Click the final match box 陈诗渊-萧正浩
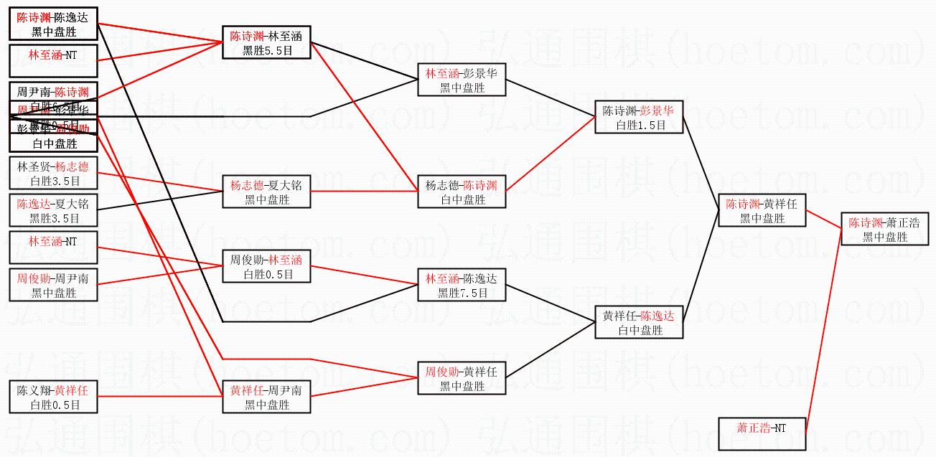(884, 229)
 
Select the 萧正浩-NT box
(762, 434)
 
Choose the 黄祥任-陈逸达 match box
(638, 322)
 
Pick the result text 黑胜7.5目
(462, 293)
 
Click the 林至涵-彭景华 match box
(462, 80)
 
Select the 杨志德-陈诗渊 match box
(462, 192)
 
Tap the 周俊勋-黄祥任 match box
(462, 379)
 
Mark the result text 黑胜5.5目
(266, 50)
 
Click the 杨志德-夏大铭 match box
(266, 192)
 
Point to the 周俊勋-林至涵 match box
(266, 267)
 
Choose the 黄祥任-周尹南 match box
(266, 397)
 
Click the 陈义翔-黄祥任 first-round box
(54, 397)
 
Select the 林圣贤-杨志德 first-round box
(54, 174)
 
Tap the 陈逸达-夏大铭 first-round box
(54, 210)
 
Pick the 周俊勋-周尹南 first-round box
(54, 285)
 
